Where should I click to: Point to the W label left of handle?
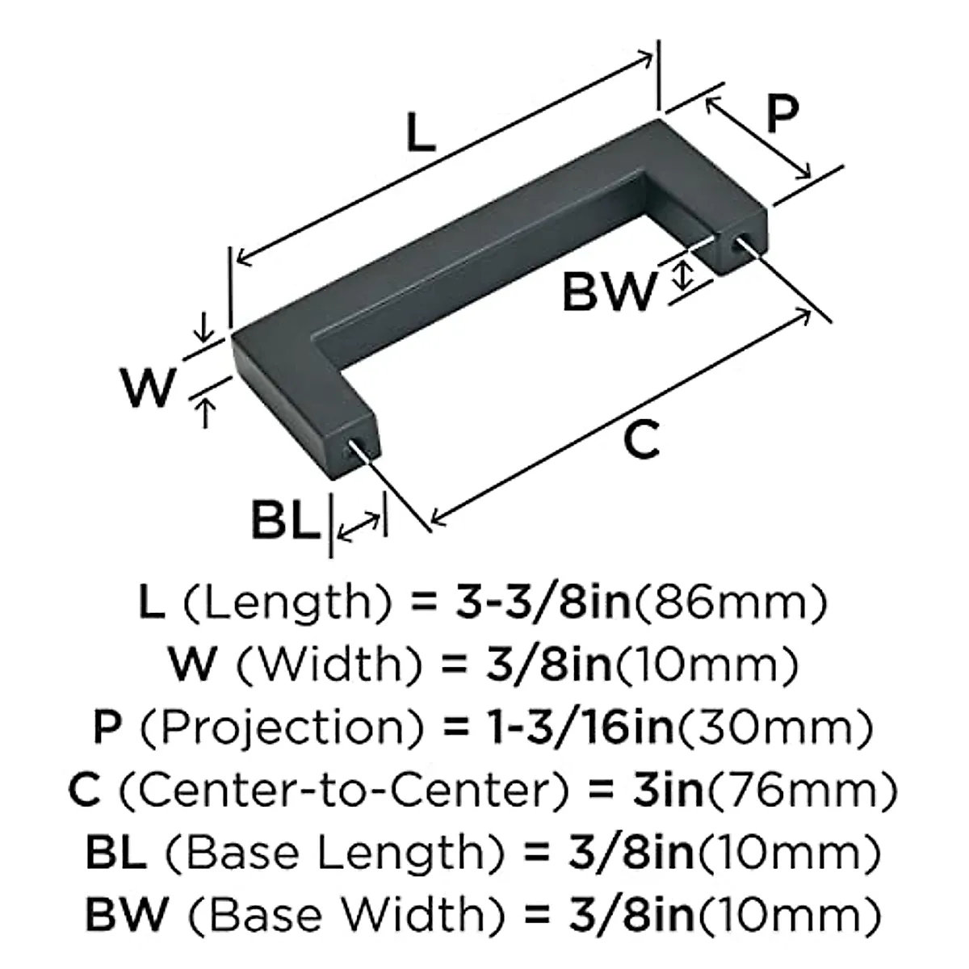(149, 388)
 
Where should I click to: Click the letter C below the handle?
(642, 440)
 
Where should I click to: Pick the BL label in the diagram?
(285, 521)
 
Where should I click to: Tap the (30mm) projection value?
(774, 727)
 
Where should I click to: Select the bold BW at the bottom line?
(127, 914)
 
